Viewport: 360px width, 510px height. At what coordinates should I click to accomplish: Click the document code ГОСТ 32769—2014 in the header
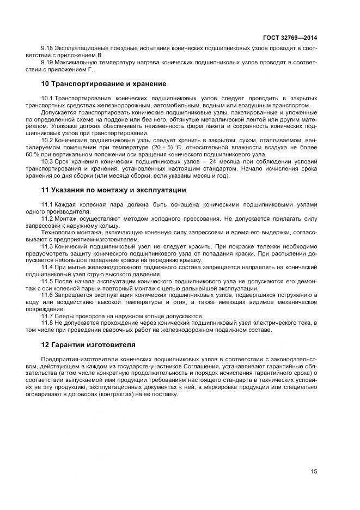291,38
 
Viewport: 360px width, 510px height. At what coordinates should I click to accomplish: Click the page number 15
314,472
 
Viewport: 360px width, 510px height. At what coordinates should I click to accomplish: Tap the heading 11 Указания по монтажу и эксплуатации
114,190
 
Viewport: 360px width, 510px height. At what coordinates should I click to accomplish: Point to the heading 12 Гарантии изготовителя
89,345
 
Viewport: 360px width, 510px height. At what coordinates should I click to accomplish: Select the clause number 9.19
47,63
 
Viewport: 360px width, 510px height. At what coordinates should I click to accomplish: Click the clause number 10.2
47,140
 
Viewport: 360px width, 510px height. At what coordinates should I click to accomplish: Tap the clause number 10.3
47,161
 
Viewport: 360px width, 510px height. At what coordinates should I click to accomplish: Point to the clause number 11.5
47,281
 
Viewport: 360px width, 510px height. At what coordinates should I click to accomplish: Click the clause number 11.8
47,323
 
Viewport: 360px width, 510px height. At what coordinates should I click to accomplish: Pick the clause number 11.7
47,316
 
